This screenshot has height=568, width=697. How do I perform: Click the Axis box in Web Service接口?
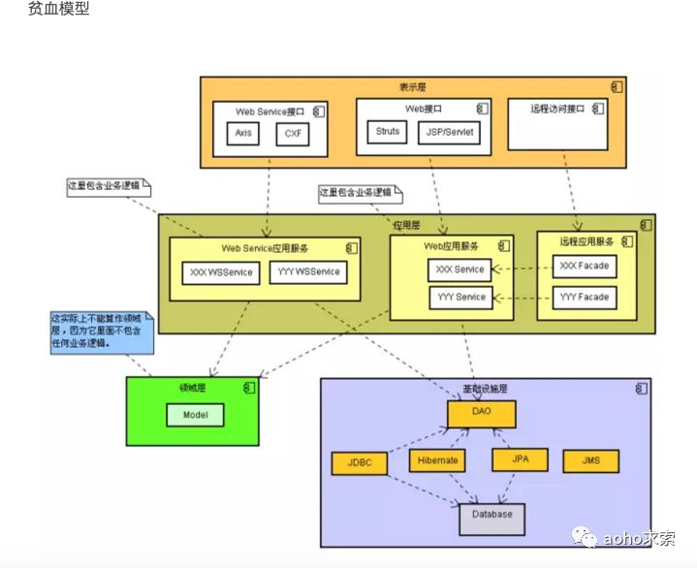243,134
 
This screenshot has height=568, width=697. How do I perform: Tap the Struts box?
388,132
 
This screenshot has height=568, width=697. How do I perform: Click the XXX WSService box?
221,272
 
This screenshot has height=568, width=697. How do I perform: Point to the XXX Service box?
459,269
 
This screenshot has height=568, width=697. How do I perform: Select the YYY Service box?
459,298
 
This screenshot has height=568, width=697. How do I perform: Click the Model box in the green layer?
195,416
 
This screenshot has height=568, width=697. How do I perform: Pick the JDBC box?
359,463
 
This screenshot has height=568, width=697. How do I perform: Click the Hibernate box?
438,461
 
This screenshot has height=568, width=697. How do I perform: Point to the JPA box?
520,460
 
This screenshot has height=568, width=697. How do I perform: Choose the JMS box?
589,461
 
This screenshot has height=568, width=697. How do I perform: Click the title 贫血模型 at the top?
60,11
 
